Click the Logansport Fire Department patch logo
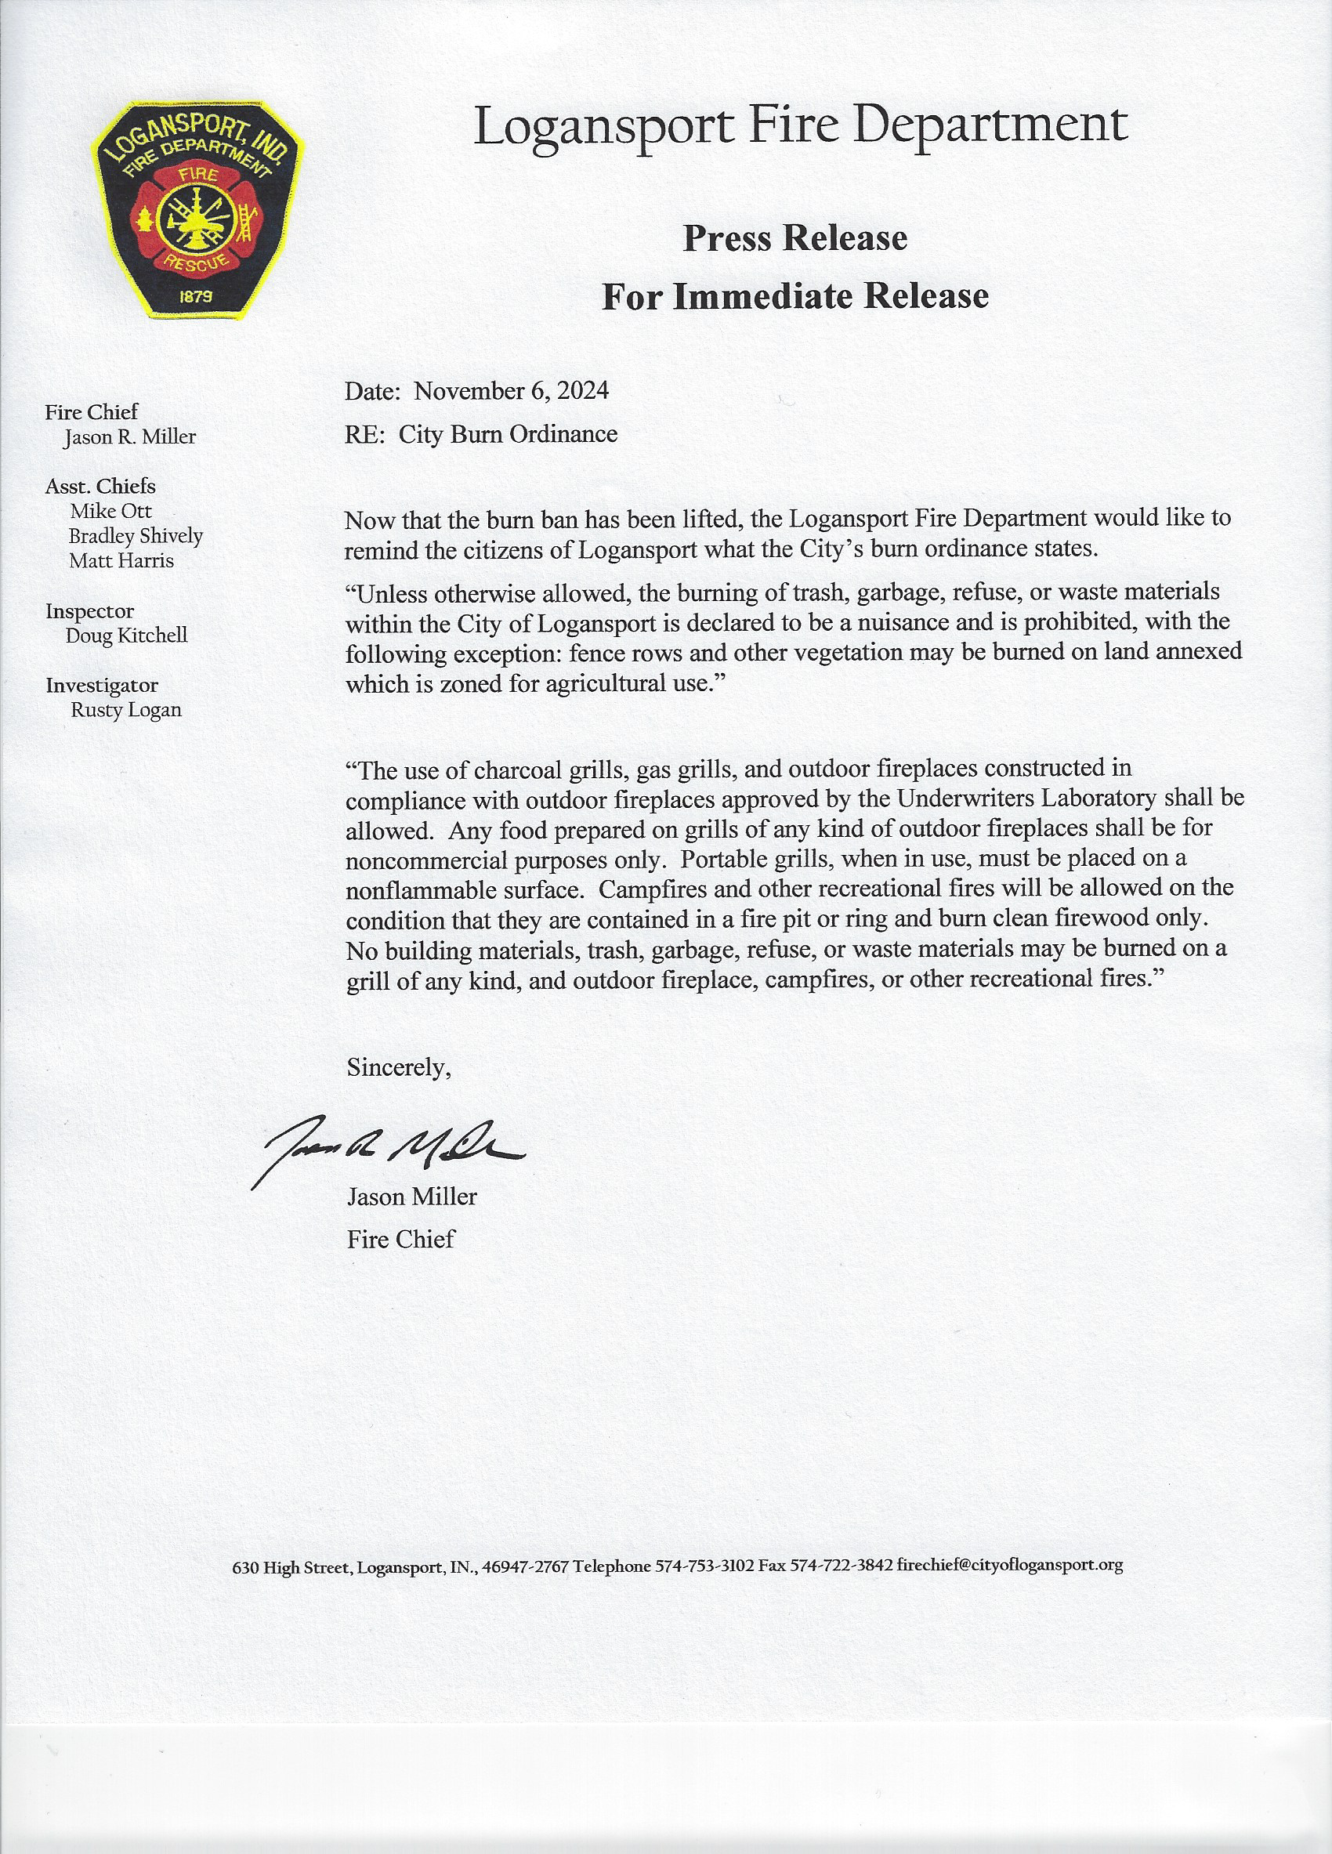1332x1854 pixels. tap(198, 210)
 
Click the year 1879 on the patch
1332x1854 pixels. tap(196, 297)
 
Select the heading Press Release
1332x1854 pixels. tap(794, 239)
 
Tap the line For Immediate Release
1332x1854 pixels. tap(794, 296)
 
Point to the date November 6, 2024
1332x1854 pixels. tap(511, 391)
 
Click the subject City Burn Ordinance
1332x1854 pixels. tap(508, 434)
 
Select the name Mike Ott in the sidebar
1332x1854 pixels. tap(111, 511)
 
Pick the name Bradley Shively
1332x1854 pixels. tap(136, 536)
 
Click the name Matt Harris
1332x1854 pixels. tap(121, 561)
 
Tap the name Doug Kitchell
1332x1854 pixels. tap(127, 636)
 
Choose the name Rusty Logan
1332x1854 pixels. tap(126, 710)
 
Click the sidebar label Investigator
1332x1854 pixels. tap(102, 685)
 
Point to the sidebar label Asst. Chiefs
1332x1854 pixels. tap(100, 487)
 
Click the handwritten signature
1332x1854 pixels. tap(388, 1147)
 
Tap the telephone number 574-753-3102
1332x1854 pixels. tap(705, 1566)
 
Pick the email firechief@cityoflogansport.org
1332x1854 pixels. tap(1010, 1566)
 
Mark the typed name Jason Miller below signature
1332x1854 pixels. tap(412, 1197)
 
